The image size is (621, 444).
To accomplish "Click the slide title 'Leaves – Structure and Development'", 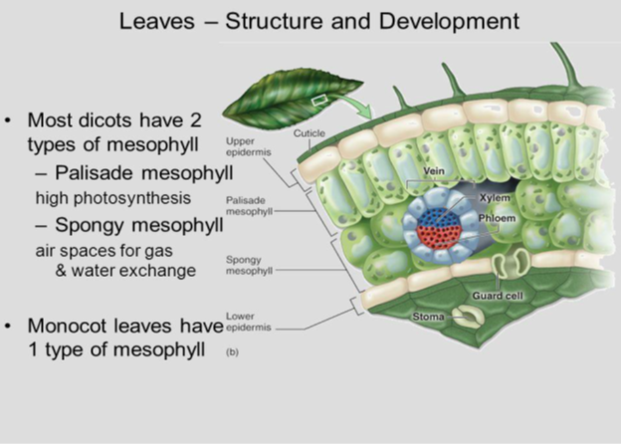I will (310, 21).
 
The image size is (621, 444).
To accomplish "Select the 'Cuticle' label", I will (307, 132).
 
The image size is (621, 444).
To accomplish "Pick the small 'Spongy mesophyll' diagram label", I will (245, 263).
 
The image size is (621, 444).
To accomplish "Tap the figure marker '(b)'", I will (232, 351).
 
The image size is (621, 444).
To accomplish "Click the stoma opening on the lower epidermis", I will (464, 316).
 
